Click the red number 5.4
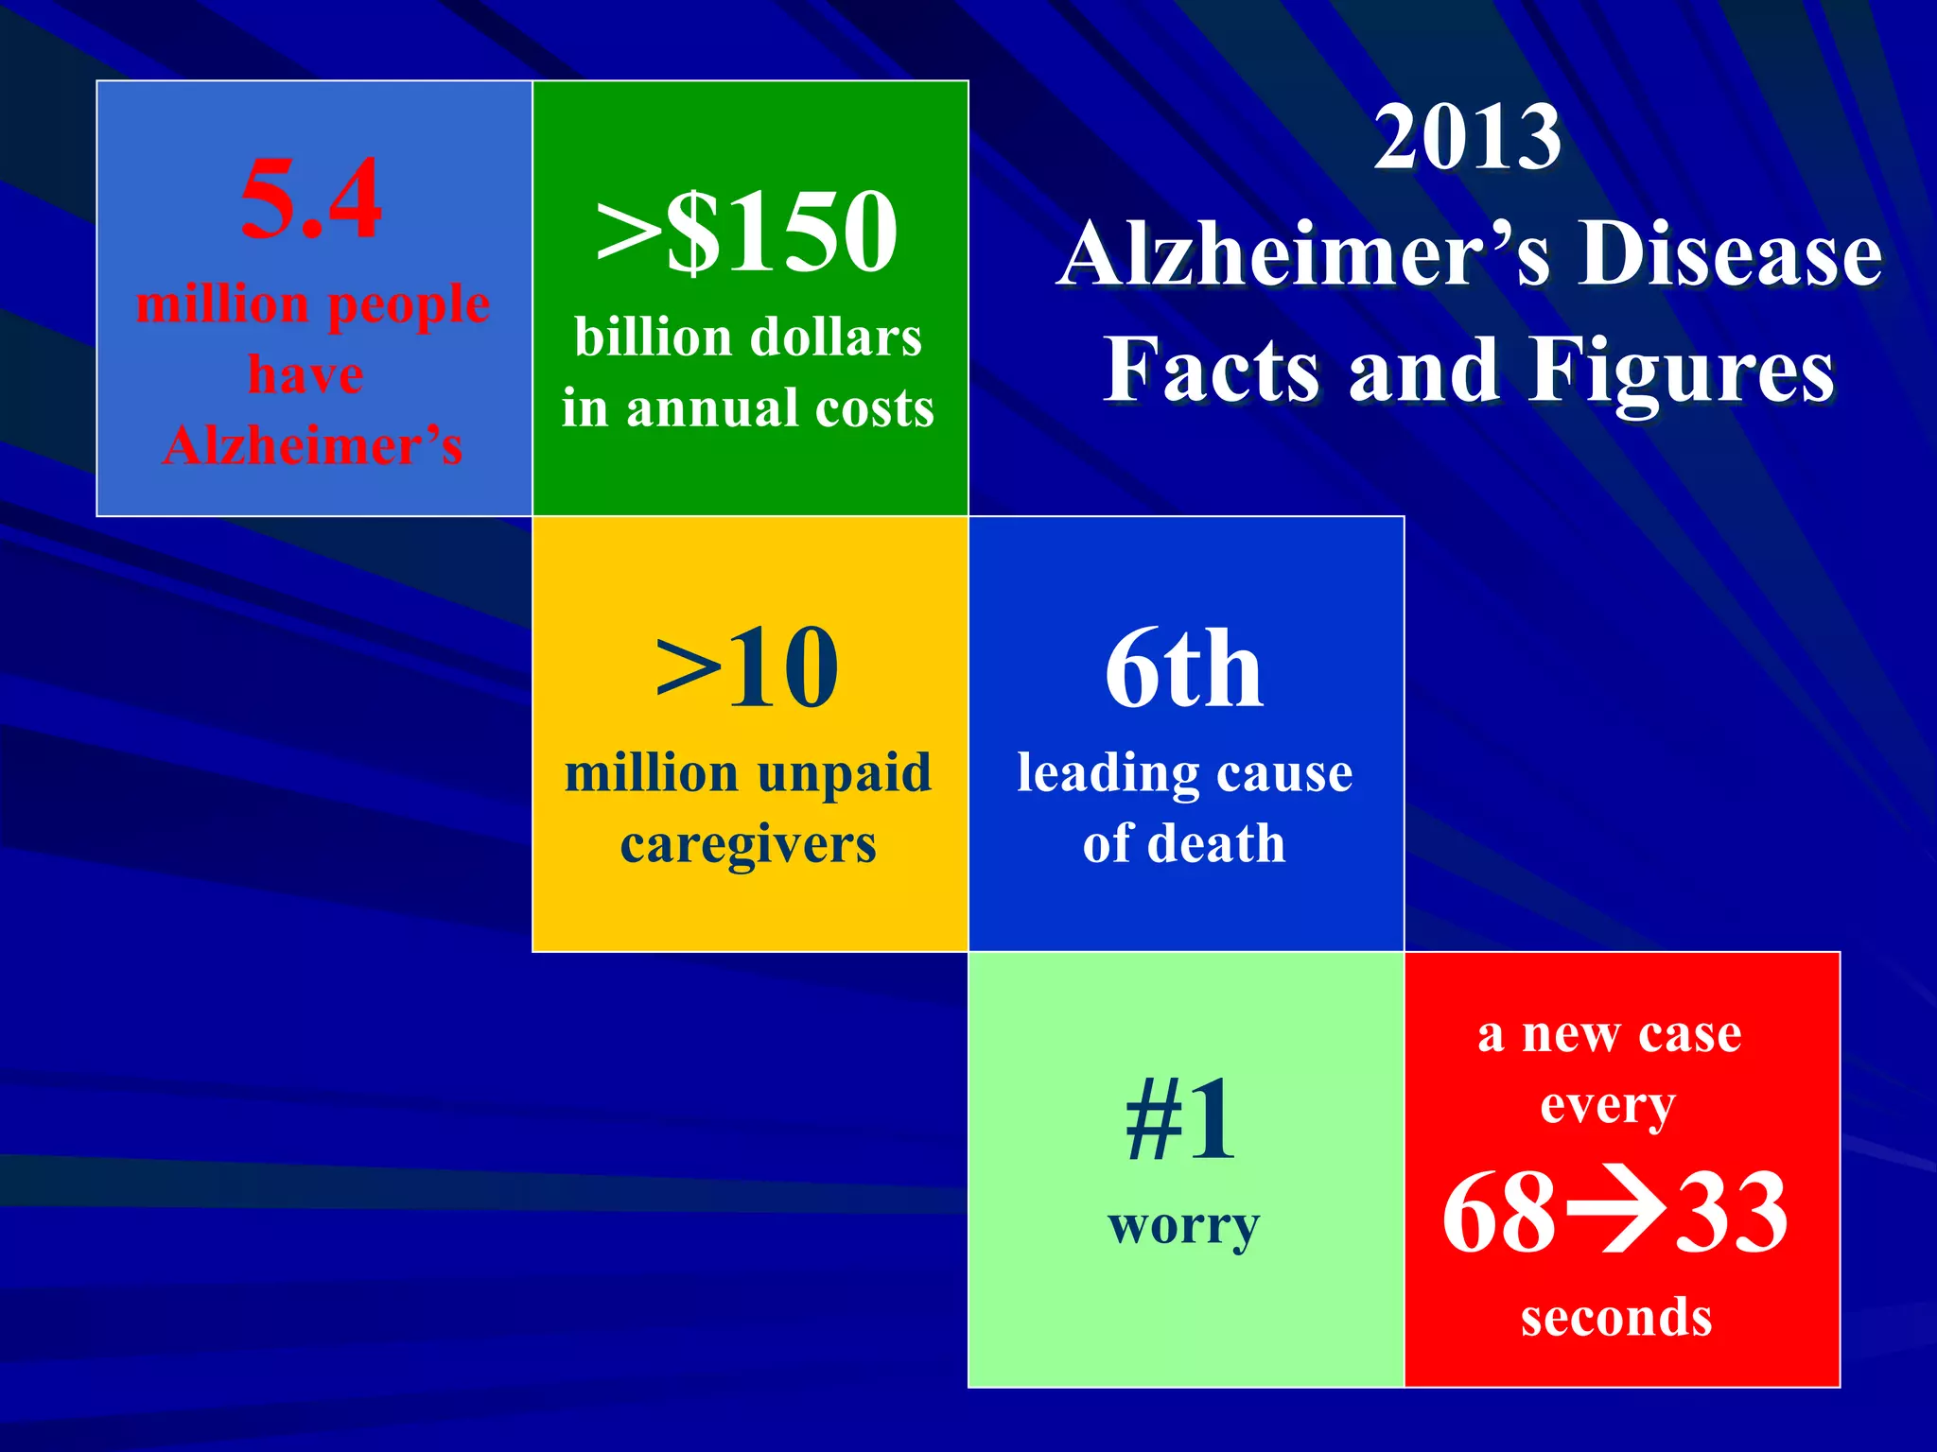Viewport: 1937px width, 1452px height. [x=311, y=199]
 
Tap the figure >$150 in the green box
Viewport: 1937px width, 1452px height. [x=747, y=231]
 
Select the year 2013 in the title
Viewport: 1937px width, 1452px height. [x=1467, y=138]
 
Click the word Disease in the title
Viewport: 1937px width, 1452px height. [x=1730, y=255]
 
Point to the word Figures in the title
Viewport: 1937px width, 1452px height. [x=1683, y=372]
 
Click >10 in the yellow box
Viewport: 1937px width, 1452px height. [x=747, y=667]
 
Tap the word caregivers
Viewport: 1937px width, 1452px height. [x=748, y=844]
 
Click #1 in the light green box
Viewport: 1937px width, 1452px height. [x=1181, y=1121]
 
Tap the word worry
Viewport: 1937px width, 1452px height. [x=1184, y=1227]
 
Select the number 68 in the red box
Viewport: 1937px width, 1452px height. [x=1499, y=1212]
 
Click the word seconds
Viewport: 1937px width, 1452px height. [x=1616, y=1318]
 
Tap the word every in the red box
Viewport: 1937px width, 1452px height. [x=1608, y=1105]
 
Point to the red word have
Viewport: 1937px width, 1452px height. [x=305, y=374]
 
